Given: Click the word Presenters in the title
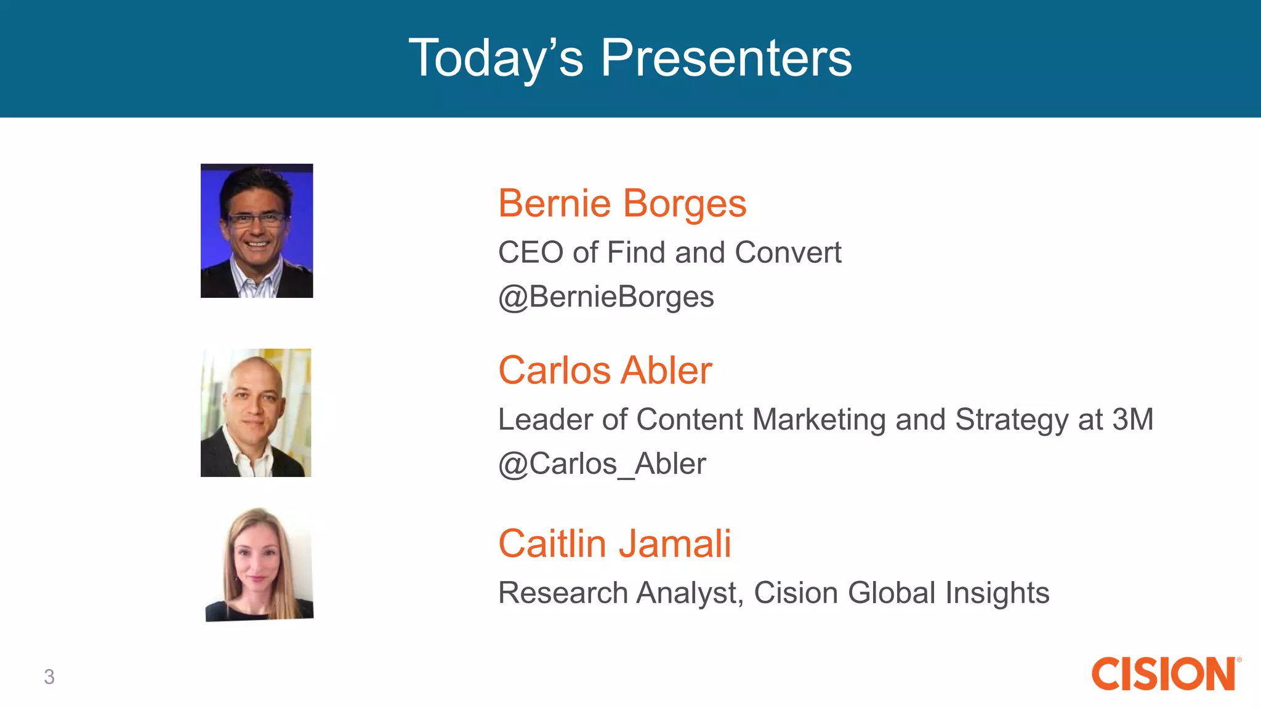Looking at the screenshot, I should (x=726, y=58).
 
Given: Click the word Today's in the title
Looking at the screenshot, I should (x=496, y=58).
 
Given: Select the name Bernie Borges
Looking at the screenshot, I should (x=622, y=203).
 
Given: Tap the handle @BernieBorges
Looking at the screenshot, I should (x=606, y=297).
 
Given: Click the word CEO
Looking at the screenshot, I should (x=530, y=252).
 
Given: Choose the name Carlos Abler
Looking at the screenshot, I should (x=605, y=371).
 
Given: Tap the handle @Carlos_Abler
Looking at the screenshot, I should (x=602, y=464).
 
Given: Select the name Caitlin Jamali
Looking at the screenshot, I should (x=614, y=544).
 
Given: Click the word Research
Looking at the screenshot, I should (x=563, y=593).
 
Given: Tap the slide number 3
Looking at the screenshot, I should (x=49, y=677).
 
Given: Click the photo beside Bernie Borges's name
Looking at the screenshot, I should (x=257, y=231).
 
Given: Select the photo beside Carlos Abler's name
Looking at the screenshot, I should (x=256, y=413).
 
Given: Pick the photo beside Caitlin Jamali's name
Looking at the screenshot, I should (x=259, y=564).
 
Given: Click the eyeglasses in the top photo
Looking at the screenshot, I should (x=256, y=219).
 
